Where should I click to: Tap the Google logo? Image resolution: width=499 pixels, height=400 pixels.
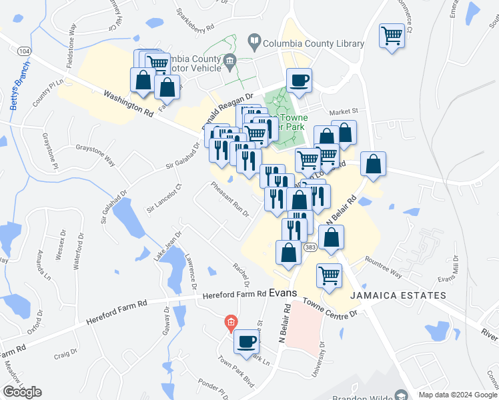coord(23,391)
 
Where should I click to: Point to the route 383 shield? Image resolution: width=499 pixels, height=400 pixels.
coord(309,247)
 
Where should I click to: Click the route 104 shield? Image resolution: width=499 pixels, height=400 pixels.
coord(25,51)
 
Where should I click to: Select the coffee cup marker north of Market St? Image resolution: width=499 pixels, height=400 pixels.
coord(298,80)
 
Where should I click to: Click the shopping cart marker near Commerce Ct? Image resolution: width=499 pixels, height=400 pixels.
coord(392,35)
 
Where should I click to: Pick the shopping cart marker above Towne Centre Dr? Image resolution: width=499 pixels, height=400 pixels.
coord(329,274)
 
